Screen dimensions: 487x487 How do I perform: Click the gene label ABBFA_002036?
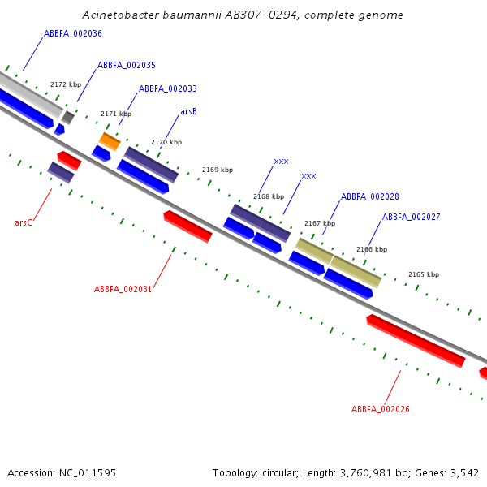pos(73,33)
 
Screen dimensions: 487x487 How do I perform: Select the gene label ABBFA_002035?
pos(127,65)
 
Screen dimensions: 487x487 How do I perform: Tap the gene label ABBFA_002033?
pos(167,88)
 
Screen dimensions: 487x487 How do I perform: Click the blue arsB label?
pos(188,111)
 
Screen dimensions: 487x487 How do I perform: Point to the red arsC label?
pos(24,222)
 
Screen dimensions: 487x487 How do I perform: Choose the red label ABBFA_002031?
pos(123,289)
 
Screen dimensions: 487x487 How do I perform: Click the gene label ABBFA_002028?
pos(369,196)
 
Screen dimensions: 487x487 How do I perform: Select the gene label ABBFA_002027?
pos(411,217)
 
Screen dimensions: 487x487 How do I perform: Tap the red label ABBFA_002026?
pos(380,409)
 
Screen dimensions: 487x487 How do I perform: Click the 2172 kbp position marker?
pos(66,84)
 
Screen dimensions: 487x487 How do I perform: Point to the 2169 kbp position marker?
pos(218,170)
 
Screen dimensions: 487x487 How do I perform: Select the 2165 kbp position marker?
pos(423,274)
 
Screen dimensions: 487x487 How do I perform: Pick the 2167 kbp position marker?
pos(320,223)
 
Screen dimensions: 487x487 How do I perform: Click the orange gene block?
pos(110,141)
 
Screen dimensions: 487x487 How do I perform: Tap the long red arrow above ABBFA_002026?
pos(416,341)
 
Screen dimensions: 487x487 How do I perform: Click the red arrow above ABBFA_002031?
pos(187,226)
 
